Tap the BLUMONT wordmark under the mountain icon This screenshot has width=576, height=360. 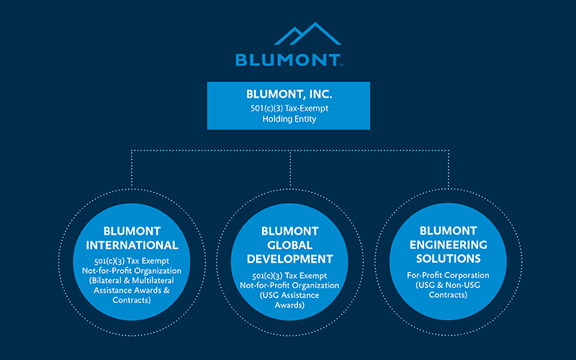pyautogui.click(x=288, y=60)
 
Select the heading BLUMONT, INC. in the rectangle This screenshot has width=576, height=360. pyautogui.click(x=289, y=94)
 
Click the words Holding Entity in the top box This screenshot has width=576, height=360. pyautogui.click(x=289, y=119)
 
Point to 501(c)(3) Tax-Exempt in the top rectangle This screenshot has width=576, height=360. pyautogui.click(x=289, y=109)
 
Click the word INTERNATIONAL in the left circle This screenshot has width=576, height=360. pyautogui.click(x=132, y=245)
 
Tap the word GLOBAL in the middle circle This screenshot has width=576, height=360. pyautogui.click(x=289, y=245)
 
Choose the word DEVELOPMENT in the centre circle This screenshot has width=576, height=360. pyautogui.click(x=289, y=259)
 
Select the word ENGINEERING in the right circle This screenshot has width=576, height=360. pyautogui.click(x=448, y=245)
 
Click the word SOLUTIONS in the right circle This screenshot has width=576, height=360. pyautogui.click(x=448, y=258)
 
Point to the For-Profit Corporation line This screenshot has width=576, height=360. pyautogui.click(x=448, y=275)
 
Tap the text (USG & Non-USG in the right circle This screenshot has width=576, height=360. pyautogui.click(x=448, y=285)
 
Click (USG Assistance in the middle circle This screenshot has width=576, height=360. pyautogui.click(x=289, y=295)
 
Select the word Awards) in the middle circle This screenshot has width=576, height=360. pyautogui.click(x=289, y=305)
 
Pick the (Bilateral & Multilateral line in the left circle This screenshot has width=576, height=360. pyautogui.click(x=132, y=281)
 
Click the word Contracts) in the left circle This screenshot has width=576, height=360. pyautogui.click(x=132, y=300)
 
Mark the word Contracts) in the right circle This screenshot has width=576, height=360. pyautogui.click(x=448, y=295)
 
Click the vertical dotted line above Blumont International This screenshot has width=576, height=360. pyautogui.click(x=132, y=168)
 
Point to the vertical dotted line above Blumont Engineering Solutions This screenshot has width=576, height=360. pyautogui.click(x=449, y=168)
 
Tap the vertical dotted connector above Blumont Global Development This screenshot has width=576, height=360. pyautogui.click(x=290, y=168)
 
